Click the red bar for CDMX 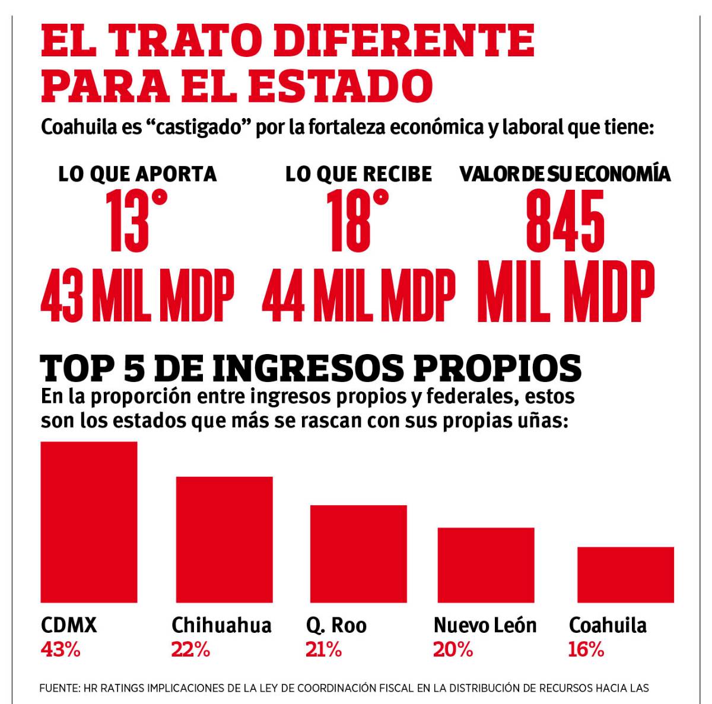(x=89, y=522)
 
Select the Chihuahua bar (x=224, y=540)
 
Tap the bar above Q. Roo (x=358, y=554)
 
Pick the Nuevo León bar (x=486, y=565)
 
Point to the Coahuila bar (x=626, y=574)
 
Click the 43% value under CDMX (x=60, y=649)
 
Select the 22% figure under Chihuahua (x=190, y=649)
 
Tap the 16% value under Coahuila (x=586, y=649)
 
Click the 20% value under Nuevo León (x=453, y=649)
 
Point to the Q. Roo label (x=336, y=625)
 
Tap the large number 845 (x=565, y=221)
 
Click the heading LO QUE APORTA (x=138, y=174)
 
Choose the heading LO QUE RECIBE (x=359, y=174)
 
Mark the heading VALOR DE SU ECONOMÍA (x=565, y=174)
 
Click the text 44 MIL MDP (x=358, y=295)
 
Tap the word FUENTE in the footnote (x=58, y=688)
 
